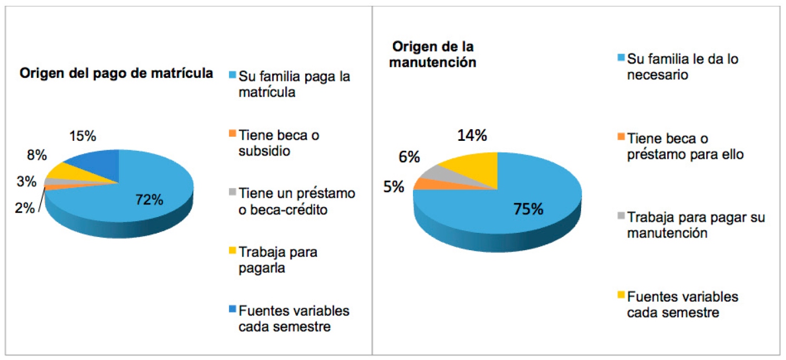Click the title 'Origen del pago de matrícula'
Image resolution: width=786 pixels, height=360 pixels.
(x=116, y=74)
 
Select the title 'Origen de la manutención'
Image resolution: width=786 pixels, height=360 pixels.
(x=434, y=54)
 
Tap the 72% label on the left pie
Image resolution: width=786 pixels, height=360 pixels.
(x=149, y=200)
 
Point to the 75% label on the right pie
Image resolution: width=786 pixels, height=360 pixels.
(x=528, y=209)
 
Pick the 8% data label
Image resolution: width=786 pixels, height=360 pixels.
(x=37, y=156)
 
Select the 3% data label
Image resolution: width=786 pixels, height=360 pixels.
(x=26, y=182)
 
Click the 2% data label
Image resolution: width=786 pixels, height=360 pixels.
(x=25, y=208)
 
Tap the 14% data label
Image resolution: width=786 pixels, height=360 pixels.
(x=471, y=136)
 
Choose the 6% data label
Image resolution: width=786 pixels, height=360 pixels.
(x=409, y=157)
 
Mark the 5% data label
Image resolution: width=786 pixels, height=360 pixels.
(x=393, y=187)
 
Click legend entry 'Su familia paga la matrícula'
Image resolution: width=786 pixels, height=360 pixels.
(x=294, y=84)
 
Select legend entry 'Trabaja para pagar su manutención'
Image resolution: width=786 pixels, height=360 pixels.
(x=695, y=224)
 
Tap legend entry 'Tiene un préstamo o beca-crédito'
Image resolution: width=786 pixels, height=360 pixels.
(x=296, y=201)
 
